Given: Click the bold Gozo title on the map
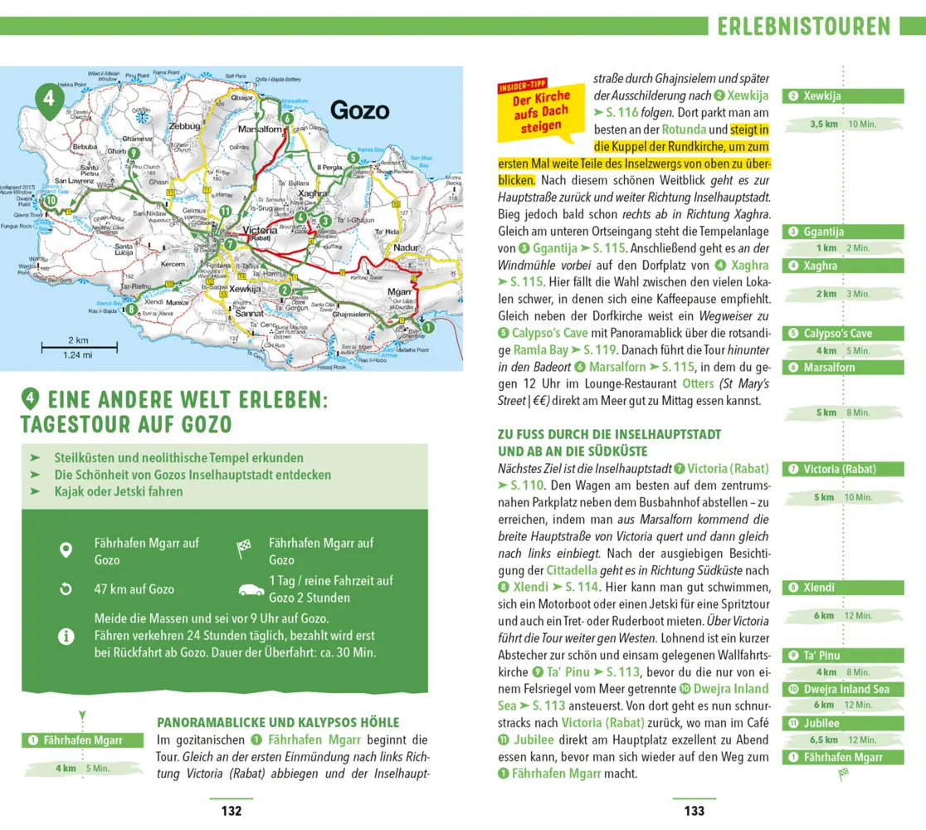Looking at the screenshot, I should pyautogui.click(x=359, y=110).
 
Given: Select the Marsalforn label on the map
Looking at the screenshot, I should pyautogui.click(x=261, y=130).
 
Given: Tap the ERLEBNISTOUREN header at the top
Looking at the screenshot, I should pyautogui.click(x=803, y=27).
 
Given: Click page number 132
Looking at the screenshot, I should pyautogui.click(x=231, y=811).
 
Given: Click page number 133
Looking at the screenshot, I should pyautogui.click(x=694, y=811).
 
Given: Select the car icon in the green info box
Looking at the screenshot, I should pyautogui.click(x=251, y=589).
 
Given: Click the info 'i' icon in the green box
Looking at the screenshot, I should pyautogui.click(x=66, y=637).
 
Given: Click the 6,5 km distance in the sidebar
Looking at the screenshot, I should pyautogui.click(x=823, y=740).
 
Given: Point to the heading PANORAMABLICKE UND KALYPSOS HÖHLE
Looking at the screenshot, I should pyautogui.click(x=278, y=722).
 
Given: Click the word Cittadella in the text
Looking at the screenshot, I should pyautogui.click(x=572, y=570).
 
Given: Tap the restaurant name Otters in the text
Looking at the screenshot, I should pyautogui.click(x=698, y=383).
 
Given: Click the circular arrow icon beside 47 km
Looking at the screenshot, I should pyautogui.click(x=66, y=588).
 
